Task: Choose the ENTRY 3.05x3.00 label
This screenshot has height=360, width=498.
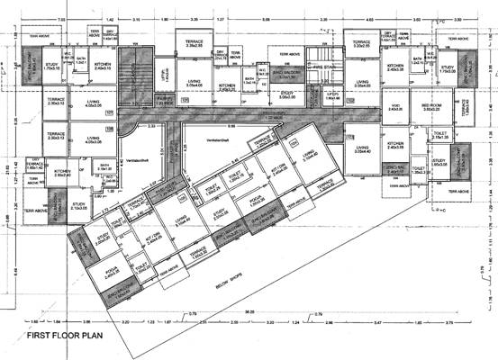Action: [x=288, y=93]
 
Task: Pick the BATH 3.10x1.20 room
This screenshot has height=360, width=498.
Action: [x=104, y=166]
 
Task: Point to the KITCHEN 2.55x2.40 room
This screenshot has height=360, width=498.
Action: [x=63, y=173]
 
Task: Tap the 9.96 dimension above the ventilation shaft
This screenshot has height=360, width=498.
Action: [x=231, y=127]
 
